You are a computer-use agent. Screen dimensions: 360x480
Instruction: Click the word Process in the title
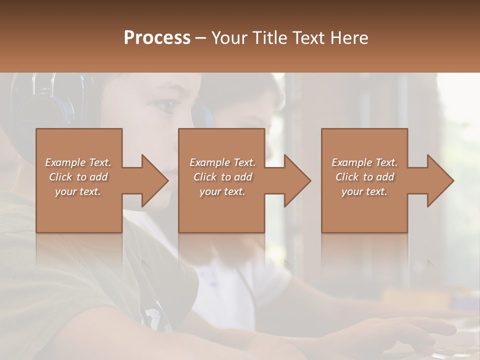click(x=157, y=38)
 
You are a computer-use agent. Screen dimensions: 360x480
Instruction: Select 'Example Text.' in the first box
click(x=78, y=162)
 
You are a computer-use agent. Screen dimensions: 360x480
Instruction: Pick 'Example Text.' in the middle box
click(x=222, y=162)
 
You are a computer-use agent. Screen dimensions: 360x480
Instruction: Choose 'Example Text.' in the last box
click(x=364, y=162)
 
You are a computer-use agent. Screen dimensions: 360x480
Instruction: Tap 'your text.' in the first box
click(x=78, y=191)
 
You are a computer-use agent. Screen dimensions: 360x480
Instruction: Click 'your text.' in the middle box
click(x=222, y=191)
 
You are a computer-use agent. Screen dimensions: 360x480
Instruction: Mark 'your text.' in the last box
click(x=364, y=191)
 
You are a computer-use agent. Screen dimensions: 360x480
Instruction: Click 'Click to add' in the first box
click(x=78, y=177)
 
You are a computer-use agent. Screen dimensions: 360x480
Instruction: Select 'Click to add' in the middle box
click(x=222, y=177)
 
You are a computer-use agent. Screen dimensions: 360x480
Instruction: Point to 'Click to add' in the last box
click(x=364, y=177)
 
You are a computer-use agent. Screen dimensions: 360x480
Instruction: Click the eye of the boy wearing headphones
click(x=166, y=105)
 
